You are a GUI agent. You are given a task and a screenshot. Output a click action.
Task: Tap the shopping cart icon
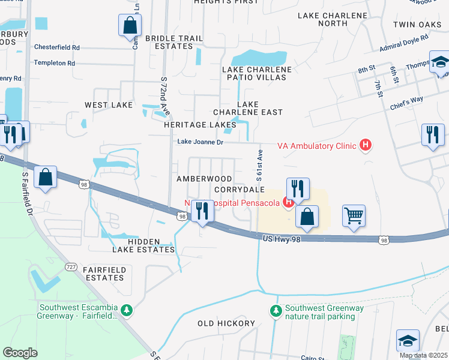(354, 215)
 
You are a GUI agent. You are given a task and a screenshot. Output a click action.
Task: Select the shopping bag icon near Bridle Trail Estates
(130, 26)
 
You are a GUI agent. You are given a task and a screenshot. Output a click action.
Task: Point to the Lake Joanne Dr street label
(199, 142)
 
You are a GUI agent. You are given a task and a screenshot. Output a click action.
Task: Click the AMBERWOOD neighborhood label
(204, 179)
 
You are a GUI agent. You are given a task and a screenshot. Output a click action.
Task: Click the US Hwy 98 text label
(281, 238)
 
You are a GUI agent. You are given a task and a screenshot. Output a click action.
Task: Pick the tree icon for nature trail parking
(276, 311)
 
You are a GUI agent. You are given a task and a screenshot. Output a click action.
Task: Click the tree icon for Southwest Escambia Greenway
(126, 310)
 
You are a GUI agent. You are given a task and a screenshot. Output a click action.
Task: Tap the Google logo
(20, 352)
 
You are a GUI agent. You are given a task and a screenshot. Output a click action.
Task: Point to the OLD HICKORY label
(226, 323)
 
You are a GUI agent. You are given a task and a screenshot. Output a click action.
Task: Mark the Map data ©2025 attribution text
(423, 355)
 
